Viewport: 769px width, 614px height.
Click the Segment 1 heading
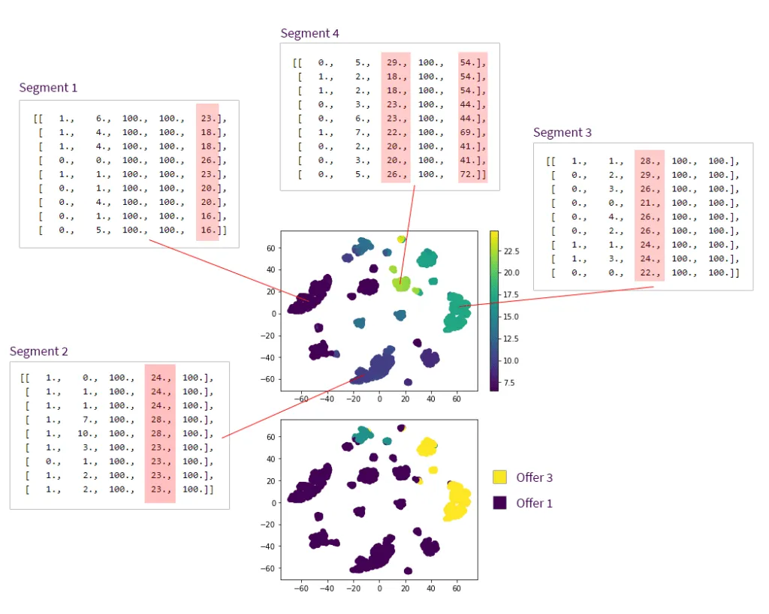tap(48, 88)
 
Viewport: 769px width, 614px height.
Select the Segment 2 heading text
tap(39, 351)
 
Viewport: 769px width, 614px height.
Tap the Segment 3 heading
tap(562, 133)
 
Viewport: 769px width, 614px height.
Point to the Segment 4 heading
tap(309, 34)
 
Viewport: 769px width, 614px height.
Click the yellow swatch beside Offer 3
tap(500, 477)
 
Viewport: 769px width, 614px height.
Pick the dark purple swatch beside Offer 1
tap(500, 503)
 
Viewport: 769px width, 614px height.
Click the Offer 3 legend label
tap(534, 477)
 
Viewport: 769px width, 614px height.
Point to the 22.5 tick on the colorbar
tap(511, 250)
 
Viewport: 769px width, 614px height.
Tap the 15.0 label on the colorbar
tap(511, 316)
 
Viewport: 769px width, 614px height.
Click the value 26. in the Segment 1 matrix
tap(208, 160)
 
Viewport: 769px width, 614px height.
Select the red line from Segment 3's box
tap(556, 296)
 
